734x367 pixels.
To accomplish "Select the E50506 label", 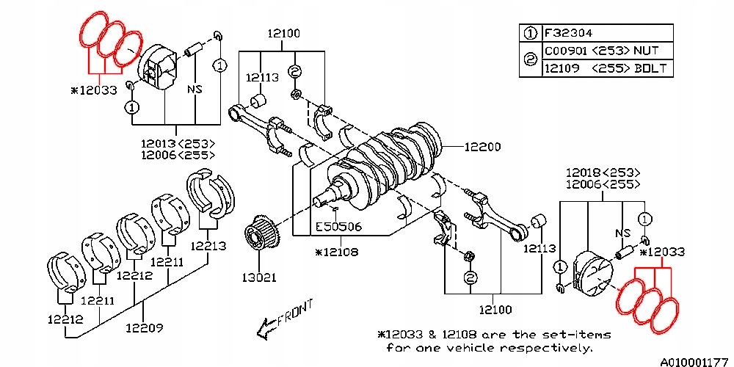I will (x=338, y=227).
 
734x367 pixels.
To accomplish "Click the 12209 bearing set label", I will (x=144, y=327).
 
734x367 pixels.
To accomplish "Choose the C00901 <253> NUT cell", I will (x=601, y=51).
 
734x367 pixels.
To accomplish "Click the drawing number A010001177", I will (x=694, y=361).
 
